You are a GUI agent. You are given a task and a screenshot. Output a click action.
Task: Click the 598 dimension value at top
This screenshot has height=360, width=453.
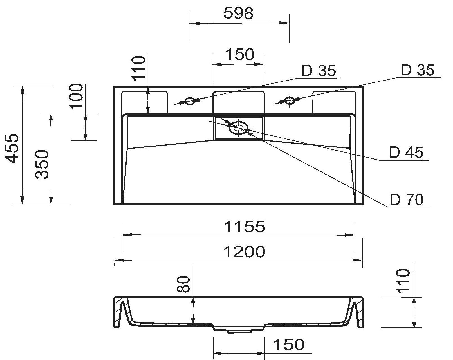[239, 13]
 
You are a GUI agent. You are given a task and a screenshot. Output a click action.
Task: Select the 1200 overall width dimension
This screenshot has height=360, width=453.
[244, 251]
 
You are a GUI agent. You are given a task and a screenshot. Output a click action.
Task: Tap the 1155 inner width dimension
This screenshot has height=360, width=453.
[245, 226]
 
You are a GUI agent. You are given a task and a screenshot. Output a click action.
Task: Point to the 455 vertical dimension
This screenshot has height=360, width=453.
[13, 148]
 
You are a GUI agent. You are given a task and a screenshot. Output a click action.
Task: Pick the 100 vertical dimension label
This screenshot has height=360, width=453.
[77, 96]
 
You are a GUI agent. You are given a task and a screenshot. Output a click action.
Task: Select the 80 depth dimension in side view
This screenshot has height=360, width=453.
[185, 284]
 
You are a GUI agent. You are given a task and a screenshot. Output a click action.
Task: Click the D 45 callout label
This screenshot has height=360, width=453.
[406, 152]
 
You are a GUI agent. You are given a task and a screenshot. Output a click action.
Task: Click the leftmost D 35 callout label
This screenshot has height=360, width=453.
[319, 71]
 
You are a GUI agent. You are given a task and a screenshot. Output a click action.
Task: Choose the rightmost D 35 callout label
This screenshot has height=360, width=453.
[418, 70]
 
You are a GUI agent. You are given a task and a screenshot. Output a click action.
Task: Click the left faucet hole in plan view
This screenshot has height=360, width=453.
[190, 101]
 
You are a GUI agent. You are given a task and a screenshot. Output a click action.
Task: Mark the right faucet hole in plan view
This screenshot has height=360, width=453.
[289, 100]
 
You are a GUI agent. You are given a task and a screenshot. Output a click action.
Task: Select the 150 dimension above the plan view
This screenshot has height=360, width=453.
[240, 54]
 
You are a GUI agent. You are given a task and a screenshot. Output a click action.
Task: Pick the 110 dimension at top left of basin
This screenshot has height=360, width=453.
[138, 68]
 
